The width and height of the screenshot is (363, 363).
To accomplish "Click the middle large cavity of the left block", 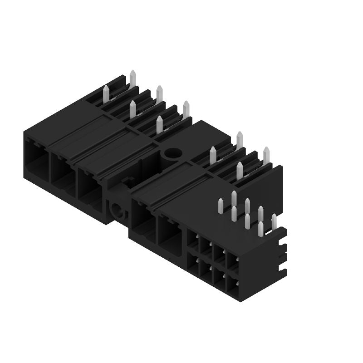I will (x=62, y=170).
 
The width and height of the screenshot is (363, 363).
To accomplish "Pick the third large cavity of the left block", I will (x=88, y=184).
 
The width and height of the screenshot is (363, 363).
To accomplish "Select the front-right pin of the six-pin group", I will (x=159, y=124).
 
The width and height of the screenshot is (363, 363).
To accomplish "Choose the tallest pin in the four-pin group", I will (x=240, y=140).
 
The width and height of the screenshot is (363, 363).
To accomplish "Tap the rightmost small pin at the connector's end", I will (x=274, y=222).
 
